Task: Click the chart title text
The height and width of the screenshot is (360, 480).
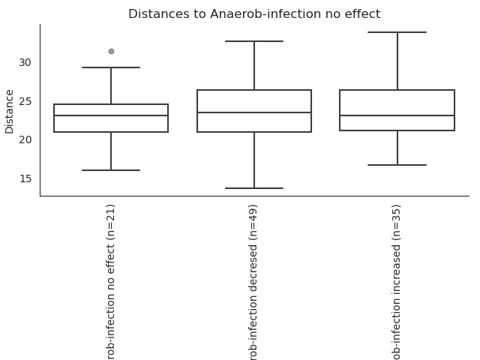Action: point(254,14)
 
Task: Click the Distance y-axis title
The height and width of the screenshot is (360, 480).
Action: point(10,112)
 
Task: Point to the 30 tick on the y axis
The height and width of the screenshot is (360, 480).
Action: point(25,62)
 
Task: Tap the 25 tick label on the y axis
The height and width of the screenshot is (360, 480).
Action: point(25,101)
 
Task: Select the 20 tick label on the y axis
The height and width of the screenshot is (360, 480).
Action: point(25,140)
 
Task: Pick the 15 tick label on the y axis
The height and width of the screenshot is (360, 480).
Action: point(25,178)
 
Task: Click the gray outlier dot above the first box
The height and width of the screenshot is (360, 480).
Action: point(112,52)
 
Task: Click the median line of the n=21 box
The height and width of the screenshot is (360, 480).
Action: point(111,115)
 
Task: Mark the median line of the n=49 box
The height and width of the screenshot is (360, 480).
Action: point(254,112)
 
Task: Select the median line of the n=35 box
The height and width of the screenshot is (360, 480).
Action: point(397,115)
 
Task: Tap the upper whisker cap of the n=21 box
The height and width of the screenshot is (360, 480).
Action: point(111,67)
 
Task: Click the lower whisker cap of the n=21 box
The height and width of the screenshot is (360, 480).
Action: point(111,170)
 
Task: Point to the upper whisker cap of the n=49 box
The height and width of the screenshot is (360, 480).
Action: point(254,41)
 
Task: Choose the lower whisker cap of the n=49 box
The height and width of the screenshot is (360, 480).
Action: point(254,188)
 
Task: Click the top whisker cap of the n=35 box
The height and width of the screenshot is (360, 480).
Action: point(397,32)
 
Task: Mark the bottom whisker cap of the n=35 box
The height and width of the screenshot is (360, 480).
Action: point(397,165)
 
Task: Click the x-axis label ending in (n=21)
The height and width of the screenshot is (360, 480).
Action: point(110,282)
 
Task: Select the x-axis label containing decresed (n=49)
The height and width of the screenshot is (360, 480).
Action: point(253,282)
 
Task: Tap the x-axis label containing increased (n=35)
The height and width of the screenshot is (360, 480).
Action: point(396,282)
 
